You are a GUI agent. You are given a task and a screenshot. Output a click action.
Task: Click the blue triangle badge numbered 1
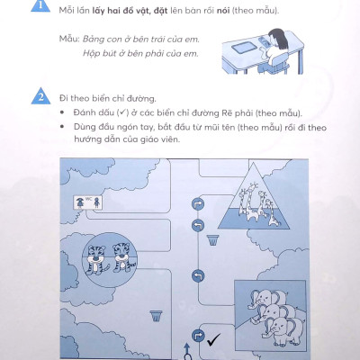point(40,6)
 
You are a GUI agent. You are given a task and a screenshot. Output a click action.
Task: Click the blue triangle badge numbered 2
point(40,96)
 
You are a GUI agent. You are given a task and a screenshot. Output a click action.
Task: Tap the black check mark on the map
point(214,339)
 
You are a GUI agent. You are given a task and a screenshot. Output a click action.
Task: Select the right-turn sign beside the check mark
point(198,336)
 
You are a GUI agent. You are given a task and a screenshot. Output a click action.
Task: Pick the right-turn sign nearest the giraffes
point(198,204)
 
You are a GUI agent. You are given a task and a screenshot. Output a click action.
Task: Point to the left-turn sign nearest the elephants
point(198,276)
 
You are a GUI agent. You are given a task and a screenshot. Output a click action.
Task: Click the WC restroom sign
point(88,202)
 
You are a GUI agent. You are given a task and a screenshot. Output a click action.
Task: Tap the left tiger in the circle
point(95,259)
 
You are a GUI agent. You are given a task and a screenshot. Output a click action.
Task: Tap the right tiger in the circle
point(123,258)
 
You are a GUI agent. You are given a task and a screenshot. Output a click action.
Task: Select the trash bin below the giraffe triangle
point(212,240)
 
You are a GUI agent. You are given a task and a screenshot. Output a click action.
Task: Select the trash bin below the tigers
point(156,316)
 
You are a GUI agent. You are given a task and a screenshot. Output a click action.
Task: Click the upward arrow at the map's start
point(187,349)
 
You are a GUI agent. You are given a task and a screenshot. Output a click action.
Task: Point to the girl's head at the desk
point(276,39)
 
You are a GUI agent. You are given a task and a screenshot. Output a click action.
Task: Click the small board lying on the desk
point(243,48)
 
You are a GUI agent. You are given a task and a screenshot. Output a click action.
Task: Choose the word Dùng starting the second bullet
point(84,128)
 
